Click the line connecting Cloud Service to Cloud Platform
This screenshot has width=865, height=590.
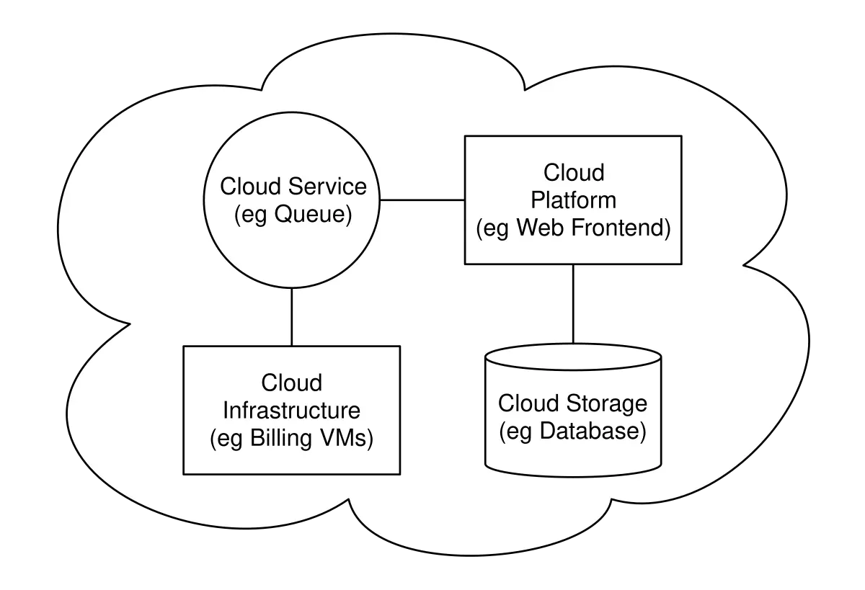pos(422,200)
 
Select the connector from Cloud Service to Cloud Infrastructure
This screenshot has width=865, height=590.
pos(292,317)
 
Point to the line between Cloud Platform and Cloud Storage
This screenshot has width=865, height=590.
pos(573,303)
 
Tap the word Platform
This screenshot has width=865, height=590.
pos(573,200)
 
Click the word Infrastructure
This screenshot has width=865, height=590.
pos(291,410)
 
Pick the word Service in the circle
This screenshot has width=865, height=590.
pos(327,187)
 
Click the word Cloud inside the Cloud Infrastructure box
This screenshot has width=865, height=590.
pos(291,382)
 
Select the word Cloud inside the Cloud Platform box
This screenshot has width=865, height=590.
pos(573,173)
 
